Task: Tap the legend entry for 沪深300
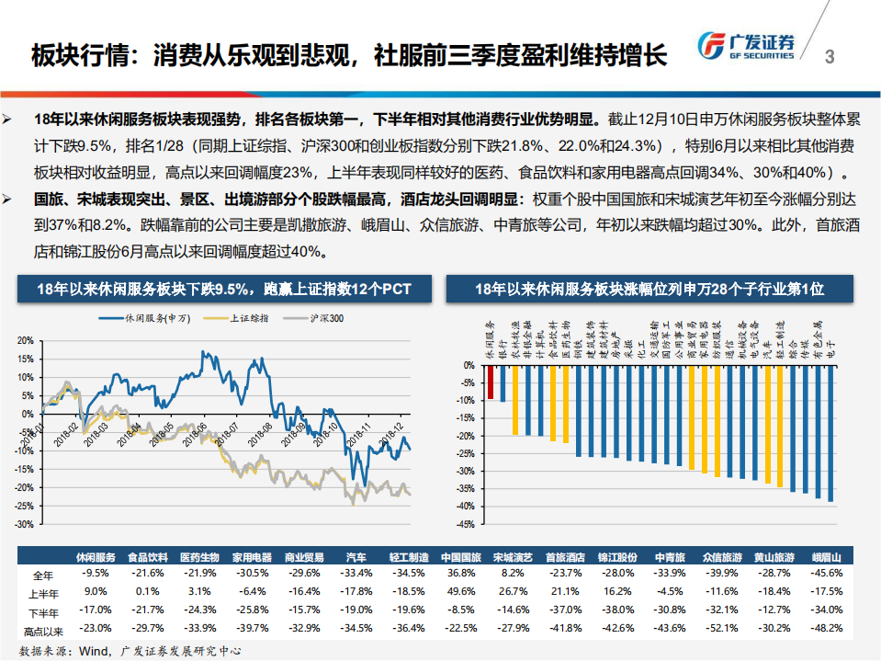tap(317, 318)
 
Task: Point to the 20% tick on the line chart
tap(26, 340)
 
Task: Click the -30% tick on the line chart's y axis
tap(25, 524)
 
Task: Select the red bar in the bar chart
tap(491, 382)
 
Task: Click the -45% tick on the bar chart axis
tap(467, 524)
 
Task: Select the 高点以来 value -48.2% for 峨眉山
tap(828, 629)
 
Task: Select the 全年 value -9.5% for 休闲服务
tap(96, 573)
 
